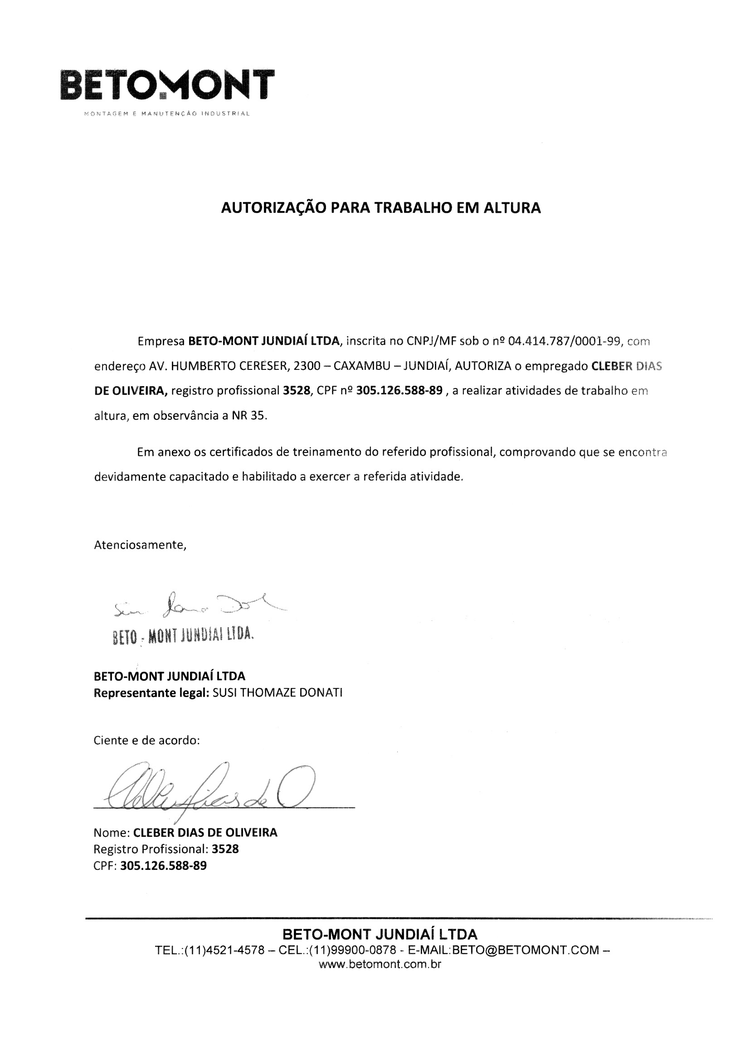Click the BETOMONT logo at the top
(167, 84)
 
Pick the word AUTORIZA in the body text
(483, 366)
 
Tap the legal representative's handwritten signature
(199, 604)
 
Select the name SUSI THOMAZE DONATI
(278, 693)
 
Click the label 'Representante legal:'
(151, 693)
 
